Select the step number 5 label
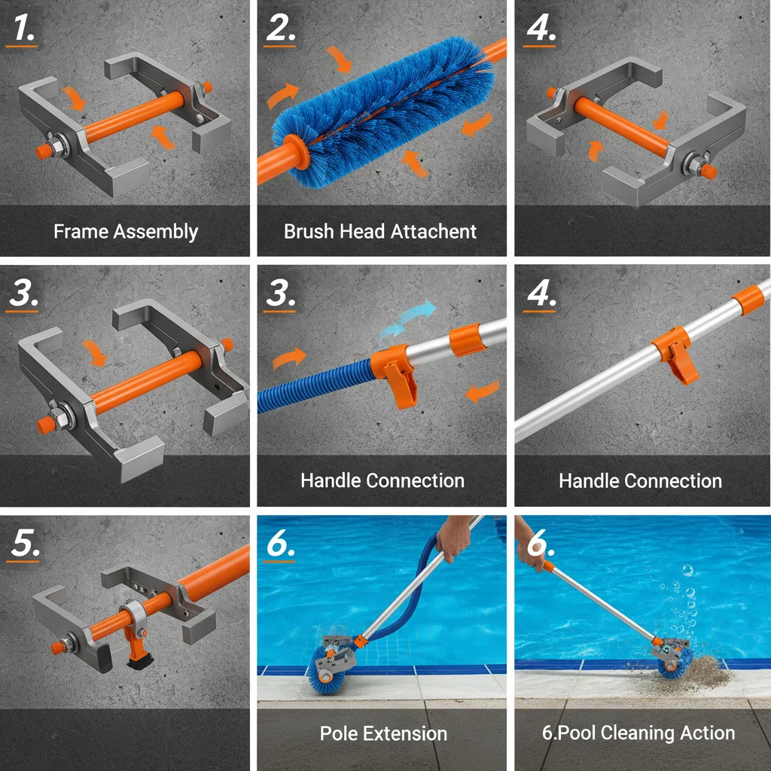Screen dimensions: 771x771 click(25, 544)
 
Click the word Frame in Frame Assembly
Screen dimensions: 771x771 click(81, 231)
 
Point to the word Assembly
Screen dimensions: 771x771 click(156, 232)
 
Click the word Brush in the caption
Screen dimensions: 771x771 click(309, 231)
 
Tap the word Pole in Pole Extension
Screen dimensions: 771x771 click(339, 733)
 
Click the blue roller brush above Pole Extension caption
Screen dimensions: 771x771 click(327, 669)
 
